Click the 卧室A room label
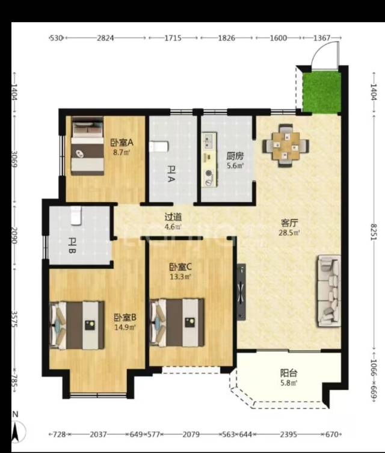coord(122,143)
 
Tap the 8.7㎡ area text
coord(122,152)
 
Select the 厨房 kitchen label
coord(235,156)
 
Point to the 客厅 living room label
coord(289,223)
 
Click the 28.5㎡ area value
coord(289,233)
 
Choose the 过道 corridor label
coord(173,217)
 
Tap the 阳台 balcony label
coord(289,373)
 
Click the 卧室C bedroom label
coord(180,267)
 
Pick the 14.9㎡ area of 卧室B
coord(125,327)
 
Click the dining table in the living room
coord(286,146)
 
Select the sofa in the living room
coord(329,291)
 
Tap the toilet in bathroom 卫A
coord(159,146)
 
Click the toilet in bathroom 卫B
coord(76,215)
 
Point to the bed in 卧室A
coord(87,146)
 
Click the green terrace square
coord(321,92)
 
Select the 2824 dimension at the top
coord(105,38)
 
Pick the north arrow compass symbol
coord(16,427)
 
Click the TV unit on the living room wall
coord(241,292)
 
